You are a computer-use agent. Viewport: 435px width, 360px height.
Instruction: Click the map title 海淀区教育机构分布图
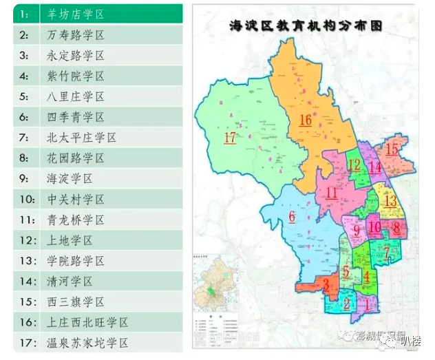(x=306, y=26)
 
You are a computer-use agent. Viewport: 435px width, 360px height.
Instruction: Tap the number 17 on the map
(x=231, y=138)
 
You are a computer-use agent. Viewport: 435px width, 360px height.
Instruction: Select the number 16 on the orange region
(x=305, y=120)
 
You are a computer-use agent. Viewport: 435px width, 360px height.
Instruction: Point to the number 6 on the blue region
(x=292, y=218)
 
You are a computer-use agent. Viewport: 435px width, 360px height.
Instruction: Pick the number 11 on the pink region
(x=332, y=193)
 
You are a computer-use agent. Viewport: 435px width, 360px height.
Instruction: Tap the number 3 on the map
(x=326, y=284)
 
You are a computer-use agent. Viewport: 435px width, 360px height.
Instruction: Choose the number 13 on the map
(x=390, y=201)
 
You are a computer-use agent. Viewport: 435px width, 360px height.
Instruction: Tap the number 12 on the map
(x=354, y=165)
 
